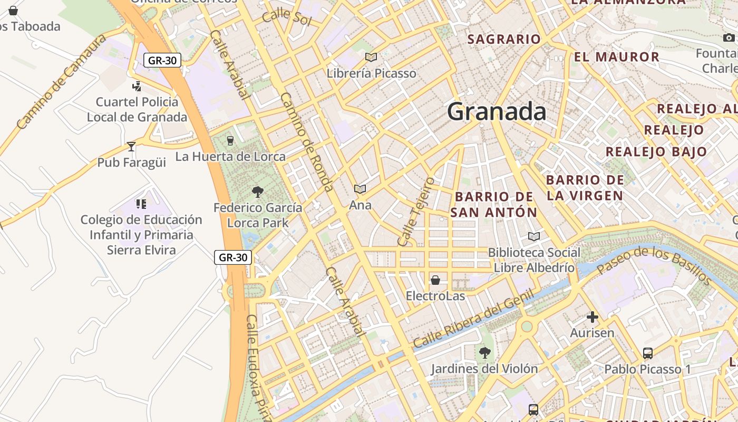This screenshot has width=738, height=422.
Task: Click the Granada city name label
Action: (497, 112)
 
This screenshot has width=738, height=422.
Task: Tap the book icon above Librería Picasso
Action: (371, 57)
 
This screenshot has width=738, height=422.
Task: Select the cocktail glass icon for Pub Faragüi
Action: (131, 146)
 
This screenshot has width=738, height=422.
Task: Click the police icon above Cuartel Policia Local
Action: (137, 85)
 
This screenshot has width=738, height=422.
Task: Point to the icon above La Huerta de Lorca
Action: (230, 140)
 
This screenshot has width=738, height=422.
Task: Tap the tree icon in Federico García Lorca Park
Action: (257, 191)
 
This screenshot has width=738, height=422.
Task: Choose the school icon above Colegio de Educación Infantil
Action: (141, 204)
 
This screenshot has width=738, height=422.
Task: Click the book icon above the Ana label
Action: (360, 189)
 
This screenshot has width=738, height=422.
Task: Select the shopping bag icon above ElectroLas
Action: (435, 280)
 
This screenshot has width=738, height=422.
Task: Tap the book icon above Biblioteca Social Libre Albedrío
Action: (534, 236)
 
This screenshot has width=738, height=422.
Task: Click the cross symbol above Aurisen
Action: (592, 317)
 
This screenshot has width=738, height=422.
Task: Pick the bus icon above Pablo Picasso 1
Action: (647, 353)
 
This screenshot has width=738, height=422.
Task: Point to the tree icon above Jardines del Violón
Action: (484, 352)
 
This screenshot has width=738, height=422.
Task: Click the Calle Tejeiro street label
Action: (416, 212)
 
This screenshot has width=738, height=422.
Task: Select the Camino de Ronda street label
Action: (307, 142)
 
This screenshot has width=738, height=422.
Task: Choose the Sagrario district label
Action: (504, 39)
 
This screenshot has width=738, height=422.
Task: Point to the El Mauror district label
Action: (616, 57)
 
